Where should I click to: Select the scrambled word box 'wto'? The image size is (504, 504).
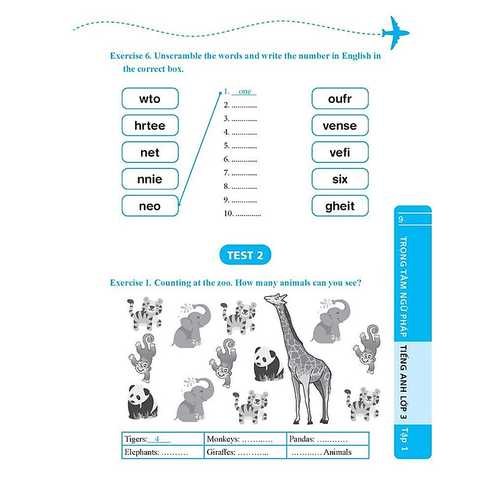click(150, 99)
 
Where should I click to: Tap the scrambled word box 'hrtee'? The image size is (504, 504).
click(150, 126)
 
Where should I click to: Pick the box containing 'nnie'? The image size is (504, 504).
click(150, 179)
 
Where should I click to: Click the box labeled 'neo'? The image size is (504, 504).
click(150, 206)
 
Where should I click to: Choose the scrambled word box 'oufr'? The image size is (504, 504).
click(340, 99)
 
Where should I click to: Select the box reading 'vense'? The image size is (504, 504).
click(340, 126)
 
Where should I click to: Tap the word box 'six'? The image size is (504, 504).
click(340, 179)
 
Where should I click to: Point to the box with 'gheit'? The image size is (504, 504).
click(340, 206)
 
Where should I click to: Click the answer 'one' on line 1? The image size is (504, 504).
click(245, 92)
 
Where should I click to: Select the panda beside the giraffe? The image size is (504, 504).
click(268, 364)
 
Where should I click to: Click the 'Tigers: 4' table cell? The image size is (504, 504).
click(163, 439)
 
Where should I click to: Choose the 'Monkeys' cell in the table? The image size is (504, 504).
click(245, 439)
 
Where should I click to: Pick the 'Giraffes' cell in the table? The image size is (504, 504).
click(245, 452)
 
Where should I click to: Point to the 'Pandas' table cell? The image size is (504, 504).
click(328, 439)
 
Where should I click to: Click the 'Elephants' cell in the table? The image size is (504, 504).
click(163, 452)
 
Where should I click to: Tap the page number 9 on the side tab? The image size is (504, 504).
click(401, 220)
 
